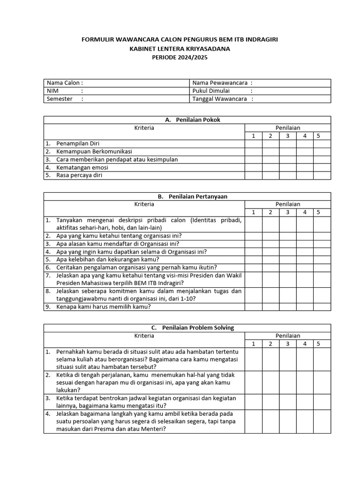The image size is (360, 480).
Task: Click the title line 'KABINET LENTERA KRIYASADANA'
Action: coord(180,48)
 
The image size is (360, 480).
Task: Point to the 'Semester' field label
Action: coord(60,99)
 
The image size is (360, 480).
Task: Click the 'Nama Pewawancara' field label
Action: coord(219,83)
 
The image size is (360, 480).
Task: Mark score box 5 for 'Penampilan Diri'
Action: coord(322,144)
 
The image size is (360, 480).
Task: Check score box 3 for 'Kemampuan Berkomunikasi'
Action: coord(288,152)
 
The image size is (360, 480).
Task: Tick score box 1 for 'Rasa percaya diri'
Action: coord(254,176)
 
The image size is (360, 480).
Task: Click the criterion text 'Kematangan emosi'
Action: coord(82,168)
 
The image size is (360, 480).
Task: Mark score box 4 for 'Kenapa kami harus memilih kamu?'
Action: coord(305,307)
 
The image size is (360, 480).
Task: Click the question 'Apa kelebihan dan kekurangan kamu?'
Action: coord(107,259)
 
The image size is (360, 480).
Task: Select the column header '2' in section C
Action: coord(270,344)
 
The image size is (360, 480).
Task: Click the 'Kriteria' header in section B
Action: coord(144,204)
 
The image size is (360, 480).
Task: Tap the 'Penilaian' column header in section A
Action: coord(288,128)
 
